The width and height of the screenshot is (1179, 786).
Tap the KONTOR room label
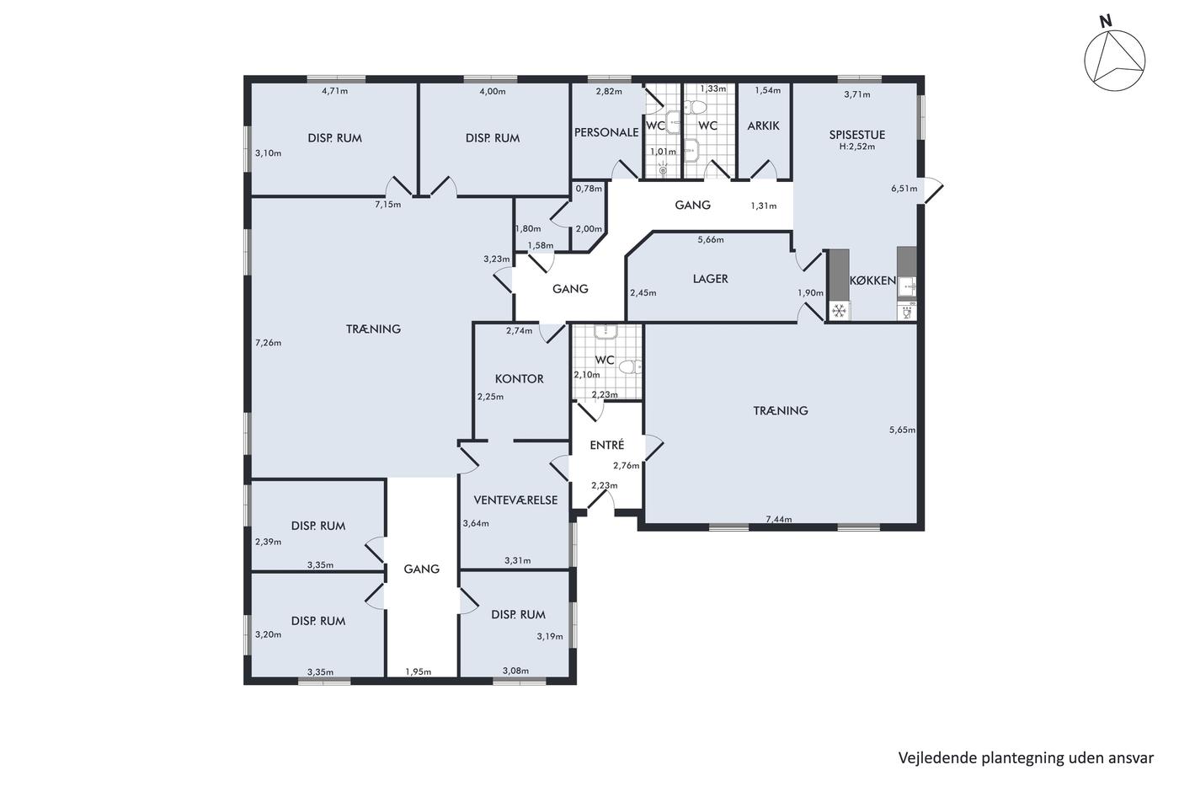(x=519, y=378)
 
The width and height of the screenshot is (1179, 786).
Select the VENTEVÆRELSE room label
(x=515, y=500)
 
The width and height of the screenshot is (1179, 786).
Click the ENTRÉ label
(x=607, y=445)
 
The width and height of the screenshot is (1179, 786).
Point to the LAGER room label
(x=710, y=279)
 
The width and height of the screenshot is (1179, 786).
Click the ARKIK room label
(x=763, y=126)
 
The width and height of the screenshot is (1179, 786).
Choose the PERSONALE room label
(x=606, y=132)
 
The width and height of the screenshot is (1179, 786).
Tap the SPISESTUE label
(x=857, y=135)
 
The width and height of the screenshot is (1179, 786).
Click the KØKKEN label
(x=872, y=281)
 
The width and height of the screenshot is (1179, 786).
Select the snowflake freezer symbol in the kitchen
(x=839, y=311)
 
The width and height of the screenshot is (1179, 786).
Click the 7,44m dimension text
(x=778, y=519)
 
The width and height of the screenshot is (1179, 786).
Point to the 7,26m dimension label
(x=269, y=343)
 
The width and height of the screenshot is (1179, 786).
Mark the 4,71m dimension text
(x=335, y=90)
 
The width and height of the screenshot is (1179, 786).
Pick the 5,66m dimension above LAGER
(x=711, y=239)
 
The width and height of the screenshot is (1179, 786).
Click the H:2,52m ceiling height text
(x=857, y=147)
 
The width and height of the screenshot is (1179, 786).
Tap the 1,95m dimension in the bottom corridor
(x=418, y=671)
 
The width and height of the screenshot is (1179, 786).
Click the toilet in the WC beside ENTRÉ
(x=630, y=366)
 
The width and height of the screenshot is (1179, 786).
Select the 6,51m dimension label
(x=904, y=189)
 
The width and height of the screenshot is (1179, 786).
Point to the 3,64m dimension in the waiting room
(x=476, y=523)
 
